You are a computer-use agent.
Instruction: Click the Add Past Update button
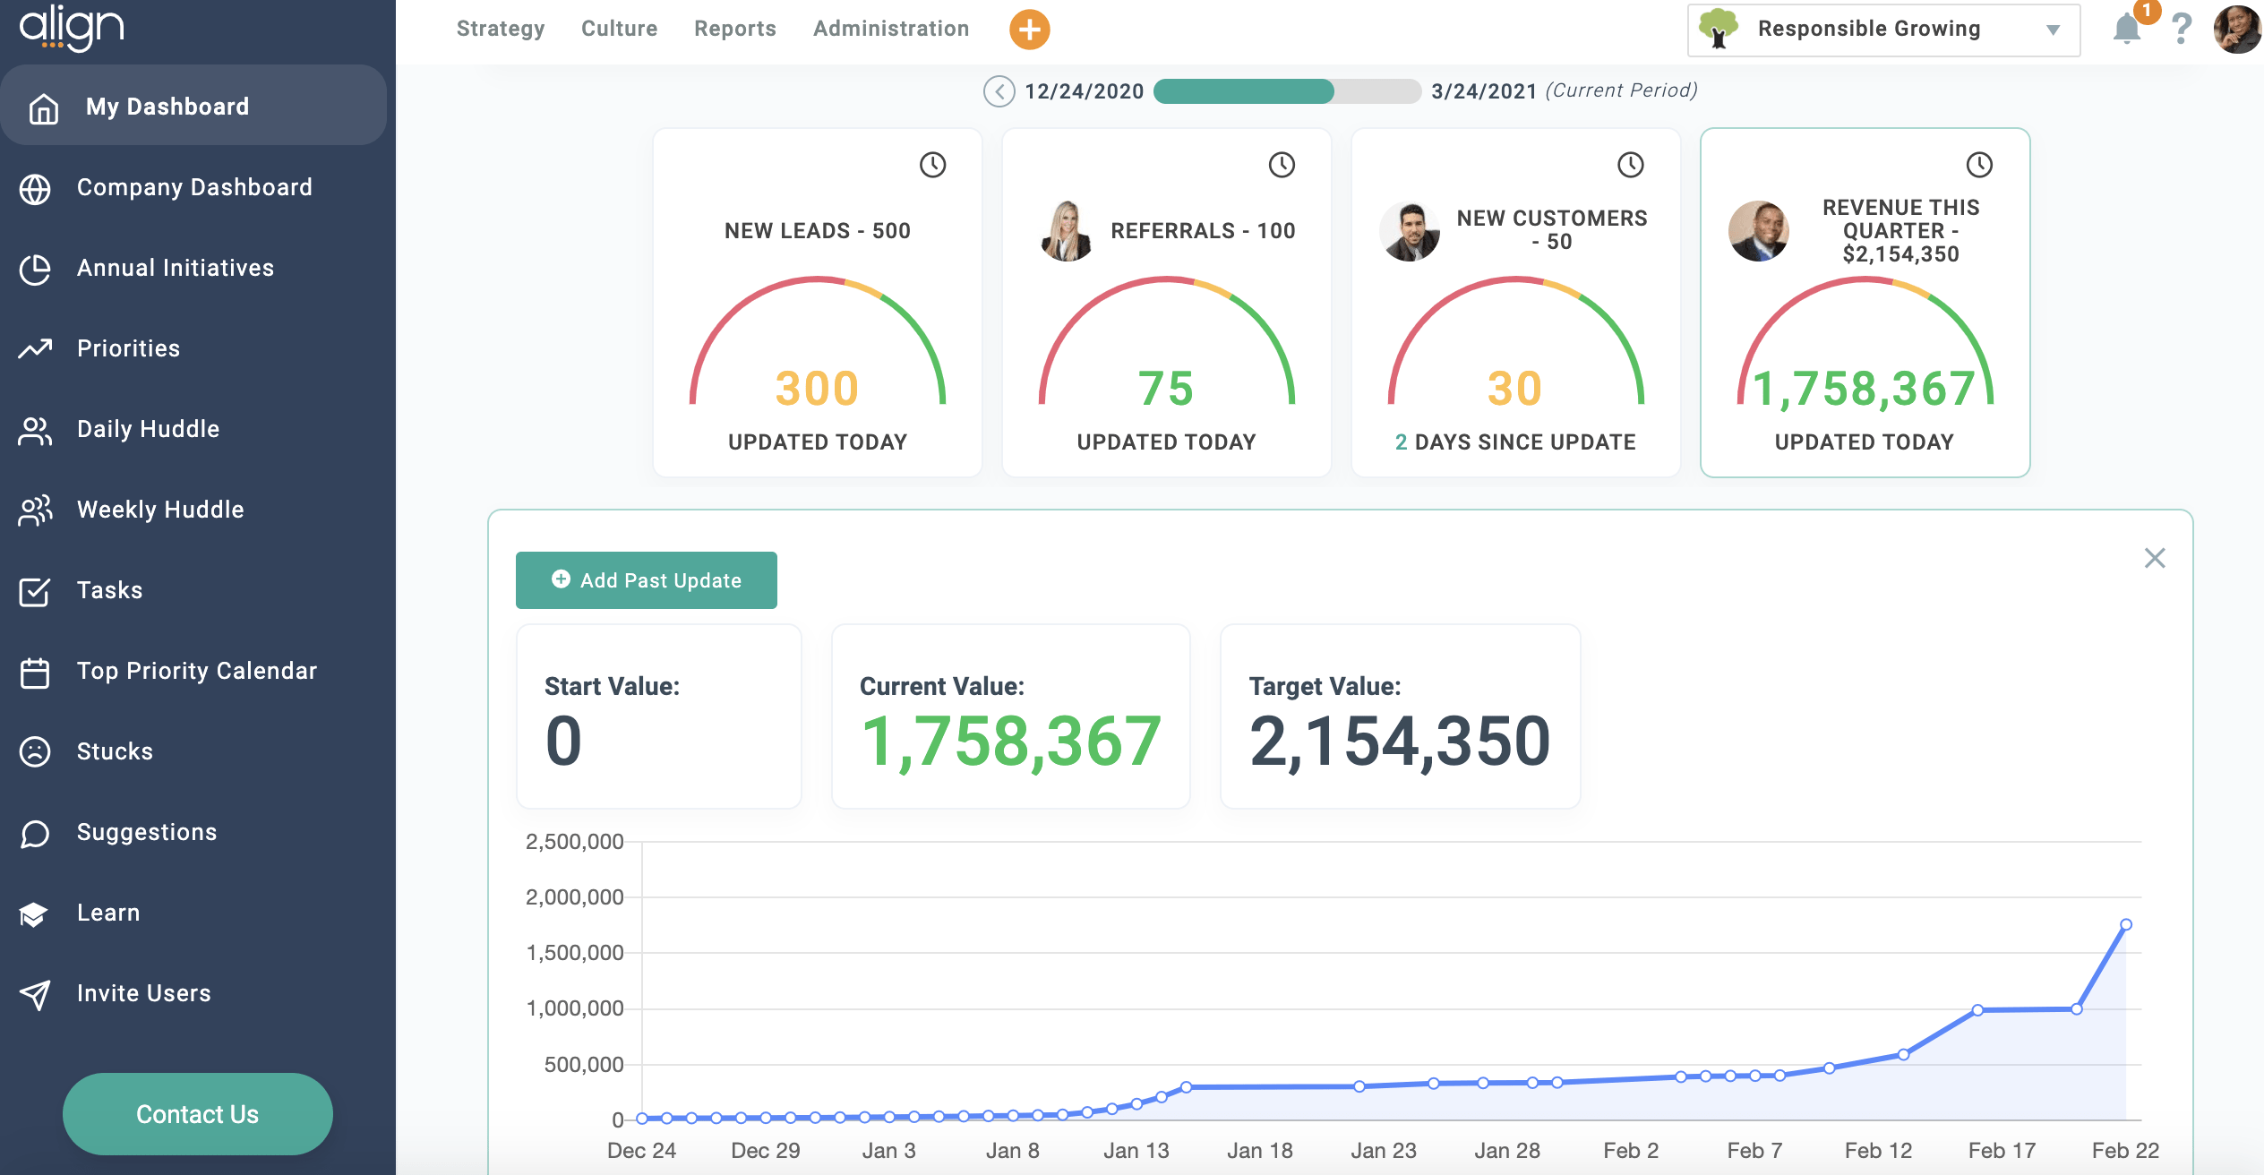pyautogui.click(x=646, y=580)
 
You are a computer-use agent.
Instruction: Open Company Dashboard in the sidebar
pyautogui.click(x=193, y=187)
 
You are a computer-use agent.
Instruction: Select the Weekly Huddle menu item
pyautogui.click(x=159, y=510)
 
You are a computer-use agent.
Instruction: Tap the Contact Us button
pyautogui.click(x=197, y=1113)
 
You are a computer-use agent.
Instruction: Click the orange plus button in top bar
pyautogui.click(x=1029, y=30)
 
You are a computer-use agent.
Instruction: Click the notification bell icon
pyautogui.click(x=2126, y=30)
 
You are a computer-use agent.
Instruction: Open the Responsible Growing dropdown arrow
pyautogui.click(x=2053, y=30)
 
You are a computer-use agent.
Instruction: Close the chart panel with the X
pyautogui.click(x=2155, y=558)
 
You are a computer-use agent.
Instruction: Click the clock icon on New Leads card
pyautogui.click(x=932, y=165)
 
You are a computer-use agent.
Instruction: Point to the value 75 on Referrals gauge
pyautogui.click(x=1166, y=389)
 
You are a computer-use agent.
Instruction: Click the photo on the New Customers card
pyautogui.click(x=1410, y=231)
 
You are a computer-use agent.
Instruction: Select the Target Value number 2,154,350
pyautogui.click(x=1399, y=742)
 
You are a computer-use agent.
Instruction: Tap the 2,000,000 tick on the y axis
pyautogui.click(x=574, y=897)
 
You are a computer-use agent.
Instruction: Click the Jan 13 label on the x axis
pyautogui.click(x=1136, y=1150)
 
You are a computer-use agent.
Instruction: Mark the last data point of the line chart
pyautogui.click(x=2125, y=924)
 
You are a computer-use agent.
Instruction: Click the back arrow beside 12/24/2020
pyautogui.click(x=999, y=91)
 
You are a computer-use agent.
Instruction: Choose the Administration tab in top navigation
pyautogui.click(x=890, y=29)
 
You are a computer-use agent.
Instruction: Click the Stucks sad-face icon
pyautogui.click(x=35, y=751)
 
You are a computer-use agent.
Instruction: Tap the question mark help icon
pyautogui.click(x=2182, y=30)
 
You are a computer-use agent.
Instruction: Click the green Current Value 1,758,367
pyautogui.click(x=1010, y=742)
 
